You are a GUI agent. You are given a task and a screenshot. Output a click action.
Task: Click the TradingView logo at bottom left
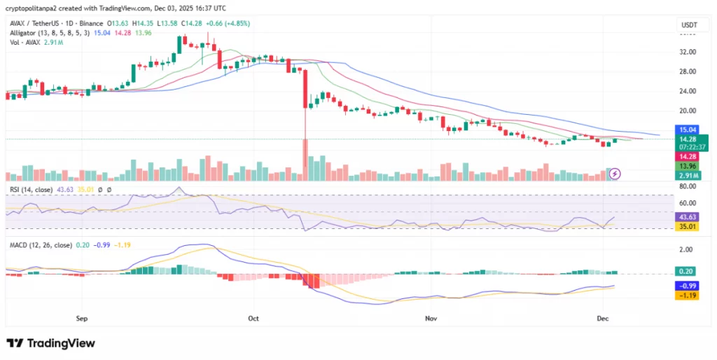(x=51, y=343)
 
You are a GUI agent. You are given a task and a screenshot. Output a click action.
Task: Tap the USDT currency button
(x=689, y=25)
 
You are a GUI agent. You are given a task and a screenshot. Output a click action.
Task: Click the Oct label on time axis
(x=253, y=318)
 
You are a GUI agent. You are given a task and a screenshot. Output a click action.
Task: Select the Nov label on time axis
(x=431, y=318)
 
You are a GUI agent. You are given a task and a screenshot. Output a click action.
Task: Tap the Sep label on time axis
(x=81, y=318)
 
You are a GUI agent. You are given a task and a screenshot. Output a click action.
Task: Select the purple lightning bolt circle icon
(x=615, y=173)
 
